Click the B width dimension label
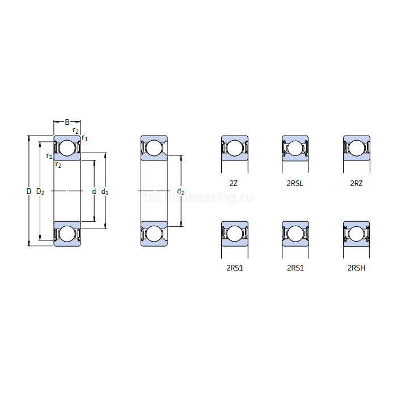pos(67,122)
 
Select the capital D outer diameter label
pos(28,192)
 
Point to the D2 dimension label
pos(40,192)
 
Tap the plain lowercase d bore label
pos(94,192)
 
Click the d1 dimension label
pos(105,192)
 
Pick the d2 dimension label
pos(181,192)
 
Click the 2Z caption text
pos(234,183)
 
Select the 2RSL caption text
pos(295,183)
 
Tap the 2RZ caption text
pos(356,183)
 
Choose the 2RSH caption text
pos(356,268)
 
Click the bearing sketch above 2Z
pos(234,148)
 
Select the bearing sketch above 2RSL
pos(295,148)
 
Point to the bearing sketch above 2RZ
pos(356,148)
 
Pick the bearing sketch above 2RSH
pos(356,233)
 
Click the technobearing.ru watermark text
pos(198,198)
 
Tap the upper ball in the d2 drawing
pos(154,149)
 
